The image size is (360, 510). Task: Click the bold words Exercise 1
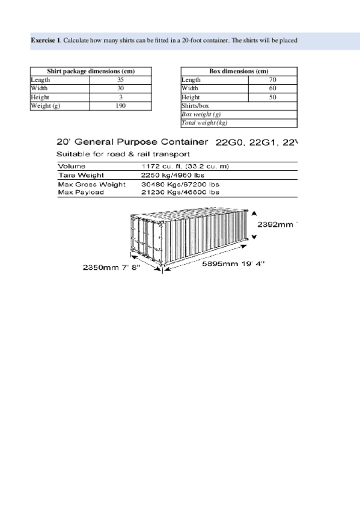[x=46, y=40]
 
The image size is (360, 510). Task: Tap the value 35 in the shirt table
[x=120, y=79]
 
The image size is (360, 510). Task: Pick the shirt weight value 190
[x=120, y=106]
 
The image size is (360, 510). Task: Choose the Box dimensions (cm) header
[x=239, y=71]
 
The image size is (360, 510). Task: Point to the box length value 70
[x=272, y=79]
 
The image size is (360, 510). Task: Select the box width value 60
[x=272, y=88]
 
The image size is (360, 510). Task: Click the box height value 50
[x=272, y=97]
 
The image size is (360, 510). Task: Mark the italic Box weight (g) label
[x=201, y=114]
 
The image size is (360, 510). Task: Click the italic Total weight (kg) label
[x=204, y=123]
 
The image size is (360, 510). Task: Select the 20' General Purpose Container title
[x=132, y=143]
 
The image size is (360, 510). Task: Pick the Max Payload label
[x=81, y=192]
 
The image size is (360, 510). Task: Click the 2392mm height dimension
[x=276, y=224]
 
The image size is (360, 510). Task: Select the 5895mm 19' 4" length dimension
[x=232, y=263]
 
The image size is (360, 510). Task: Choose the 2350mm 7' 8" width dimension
[x=111, y=268]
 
